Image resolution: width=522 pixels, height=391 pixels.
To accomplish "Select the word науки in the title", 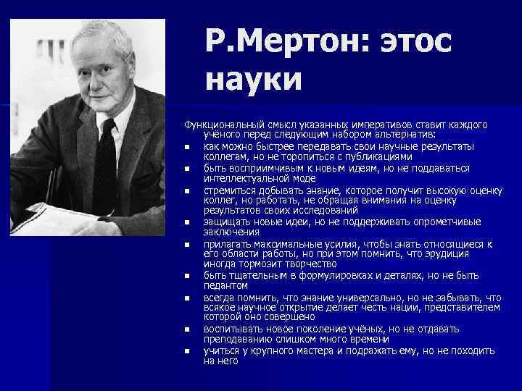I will (x=253, y=78).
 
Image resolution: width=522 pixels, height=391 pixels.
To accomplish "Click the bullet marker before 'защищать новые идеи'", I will (x=186, y=223).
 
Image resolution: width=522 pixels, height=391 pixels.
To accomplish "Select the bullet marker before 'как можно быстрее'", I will (x=186, y=147).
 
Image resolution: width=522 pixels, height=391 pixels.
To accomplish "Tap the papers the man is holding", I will (x=51, y=218).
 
